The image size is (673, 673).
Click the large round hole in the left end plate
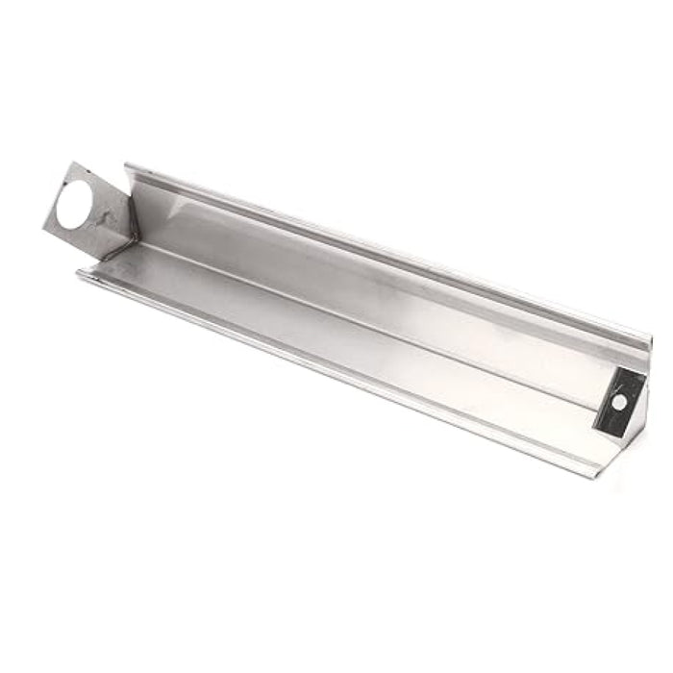(73, 207)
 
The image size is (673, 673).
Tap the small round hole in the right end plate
(620, 399)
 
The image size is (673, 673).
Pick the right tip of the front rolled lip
(598, 475)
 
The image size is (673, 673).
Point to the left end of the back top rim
(127, 167)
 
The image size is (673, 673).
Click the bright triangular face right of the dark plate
(636, 404)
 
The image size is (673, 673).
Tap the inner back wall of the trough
(385, 269)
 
